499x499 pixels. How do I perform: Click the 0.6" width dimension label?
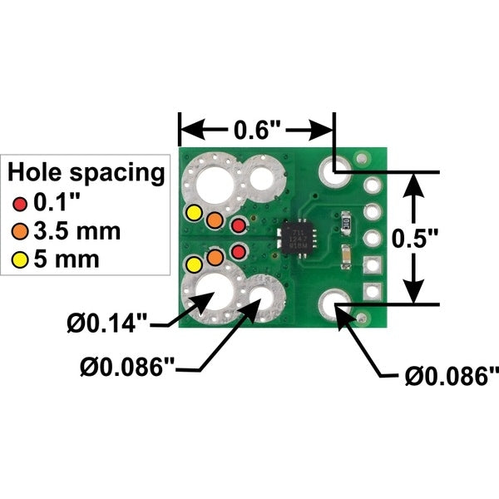point(257,130)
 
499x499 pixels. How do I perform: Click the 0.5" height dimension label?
point(415,239)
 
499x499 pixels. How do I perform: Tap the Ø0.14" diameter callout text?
point(107,323)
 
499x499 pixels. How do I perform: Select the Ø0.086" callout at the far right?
point(452,376)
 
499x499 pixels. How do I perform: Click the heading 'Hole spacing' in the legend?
point(86,173)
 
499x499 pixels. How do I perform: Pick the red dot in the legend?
point(20,204)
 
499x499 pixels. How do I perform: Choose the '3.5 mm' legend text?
point(77,231)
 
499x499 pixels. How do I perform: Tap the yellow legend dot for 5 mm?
point(20,259)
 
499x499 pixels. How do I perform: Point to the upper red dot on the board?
point(239,225)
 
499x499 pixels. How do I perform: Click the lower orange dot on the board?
point(215,257)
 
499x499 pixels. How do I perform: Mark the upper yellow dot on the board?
point(194,213)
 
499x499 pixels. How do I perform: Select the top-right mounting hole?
point(335,172)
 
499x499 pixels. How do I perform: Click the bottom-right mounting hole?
point(335,305)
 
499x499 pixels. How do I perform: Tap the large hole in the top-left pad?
point(215,185)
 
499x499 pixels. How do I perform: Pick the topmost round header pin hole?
point(373,185)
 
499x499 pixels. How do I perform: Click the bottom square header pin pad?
point(373,292)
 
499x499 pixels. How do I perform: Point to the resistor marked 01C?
point(346,222)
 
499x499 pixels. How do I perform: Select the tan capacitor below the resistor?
point(346,257)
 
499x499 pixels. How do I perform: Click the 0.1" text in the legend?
point(55,203)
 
